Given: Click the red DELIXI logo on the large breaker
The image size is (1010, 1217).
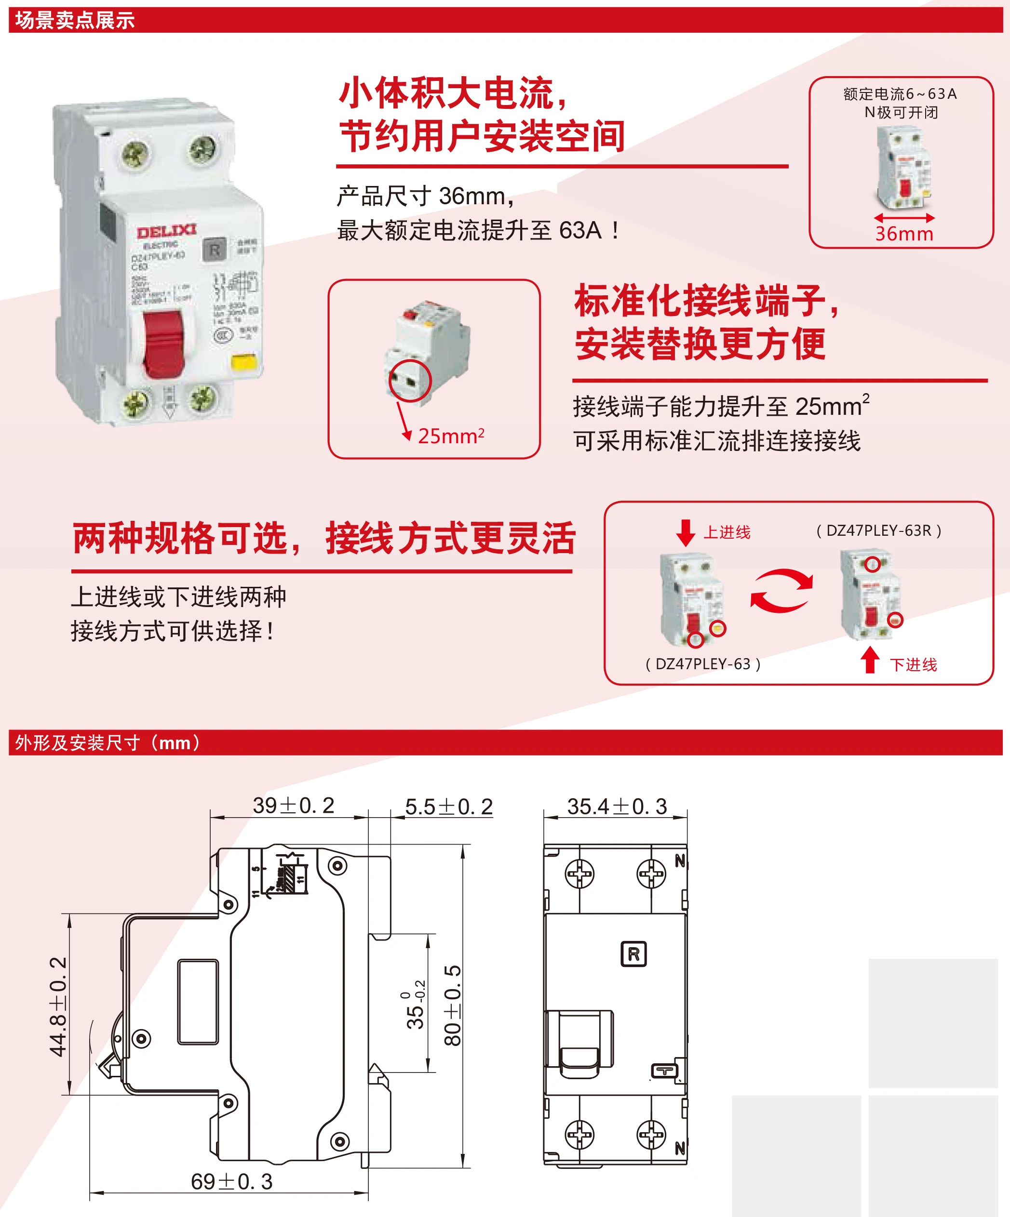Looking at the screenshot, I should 166,232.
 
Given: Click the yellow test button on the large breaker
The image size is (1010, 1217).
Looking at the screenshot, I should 243,362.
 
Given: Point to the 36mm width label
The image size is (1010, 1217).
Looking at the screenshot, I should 904,234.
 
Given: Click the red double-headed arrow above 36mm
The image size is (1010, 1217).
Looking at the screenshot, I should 904,218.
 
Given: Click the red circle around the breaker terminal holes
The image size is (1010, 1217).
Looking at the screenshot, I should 410,381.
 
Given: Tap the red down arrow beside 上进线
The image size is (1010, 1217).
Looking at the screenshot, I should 686,532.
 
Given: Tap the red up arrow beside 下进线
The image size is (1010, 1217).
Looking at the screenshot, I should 869,660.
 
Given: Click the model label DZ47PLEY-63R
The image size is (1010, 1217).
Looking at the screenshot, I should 878,530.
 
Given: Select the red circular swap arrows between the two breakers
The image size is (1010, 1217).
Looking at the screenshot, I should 781,591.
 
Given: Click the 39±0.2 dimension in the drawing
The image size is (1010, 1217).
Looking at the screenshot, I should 294,806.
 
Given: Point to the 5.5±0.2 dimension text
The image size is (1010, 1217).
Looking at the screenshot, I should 448,807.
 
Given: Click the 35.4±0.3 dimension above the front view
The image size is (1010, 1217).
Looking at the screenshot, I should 617,806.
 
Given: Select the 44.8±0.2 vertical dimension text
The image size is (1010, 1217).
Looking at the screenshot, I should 58,1006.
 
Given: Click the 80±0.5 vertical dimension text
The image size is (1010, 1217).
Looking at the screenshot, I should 452,1005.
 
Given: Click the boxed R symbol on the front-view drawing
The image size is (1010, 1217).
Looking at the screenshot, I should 633,954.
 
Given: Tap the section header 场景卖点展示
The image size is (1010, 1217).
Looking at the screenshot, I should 75,20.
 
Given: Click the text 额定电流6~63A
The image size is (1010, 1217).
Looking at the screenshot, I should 900,94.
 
